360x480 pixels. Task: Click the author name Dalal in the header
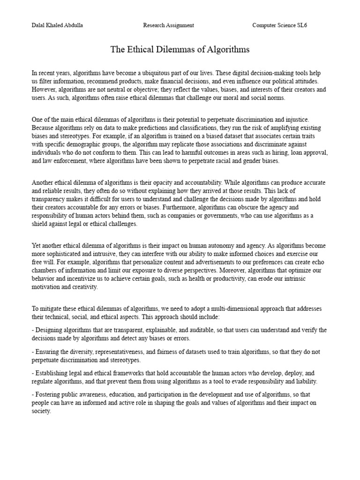[x=39, y=25]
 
